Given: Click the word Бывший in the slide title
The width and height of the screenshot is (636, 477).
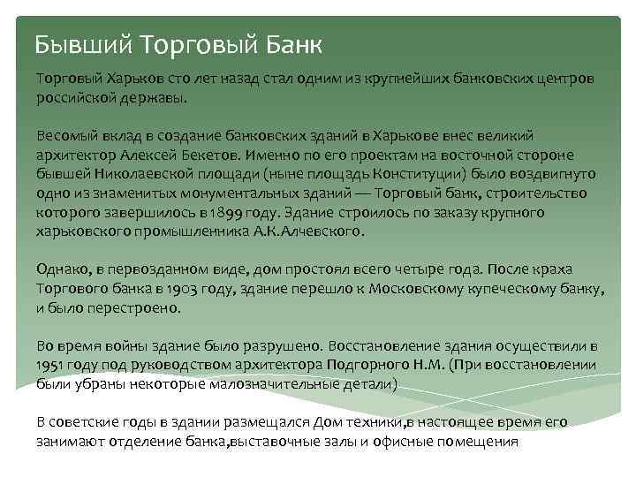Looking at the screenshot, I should [84, 43].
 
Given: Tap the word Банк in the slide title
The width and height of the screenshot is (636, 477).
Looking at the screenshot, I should [289, 43].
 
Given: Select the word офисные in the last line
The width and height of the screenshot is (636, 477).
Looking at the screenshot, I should [409, 442].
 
